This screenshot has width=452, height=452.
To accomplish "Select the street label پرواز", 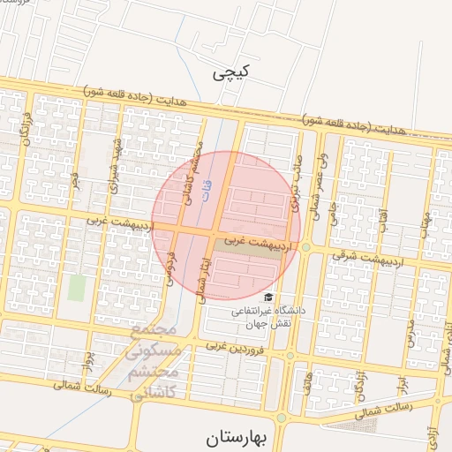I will pyautogui.click(x=87, y=362).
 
